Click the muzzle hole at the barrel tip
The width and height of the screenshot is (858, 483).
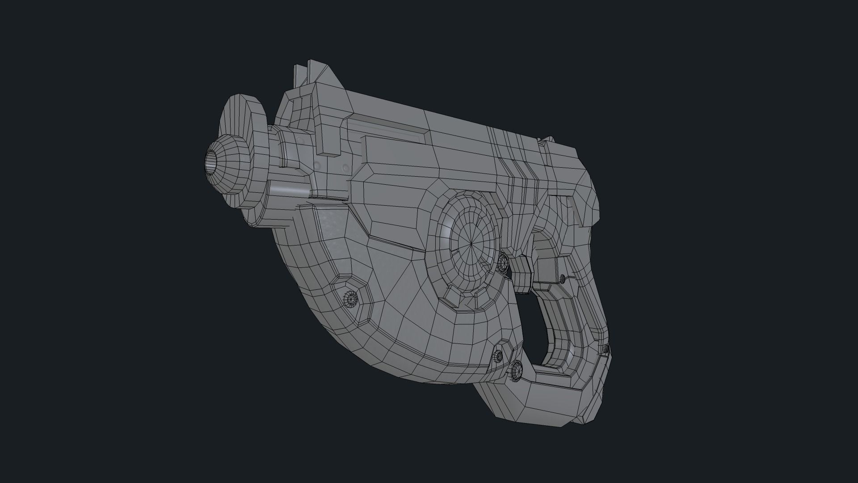click(x=210, y=161)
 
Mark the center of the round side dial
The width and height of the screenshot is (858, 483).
click(x=472, y=244)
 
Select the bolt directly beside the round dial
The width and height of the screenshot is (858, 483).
click(x=502, y=261)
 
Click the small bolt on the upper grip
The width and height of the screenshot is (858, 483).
click(x=563, y=278)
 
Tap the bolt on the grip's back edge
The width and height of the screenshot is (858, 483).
click(x=605, y=348)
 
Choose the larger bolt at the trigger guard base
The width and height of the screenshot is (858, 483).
click(x=517, y=370)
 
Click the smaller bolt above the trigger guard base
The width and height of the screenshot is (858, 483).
click(x=497, y=356)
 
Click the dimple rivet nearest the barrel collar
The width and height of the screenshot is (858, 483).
click(x=318, y=165)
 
